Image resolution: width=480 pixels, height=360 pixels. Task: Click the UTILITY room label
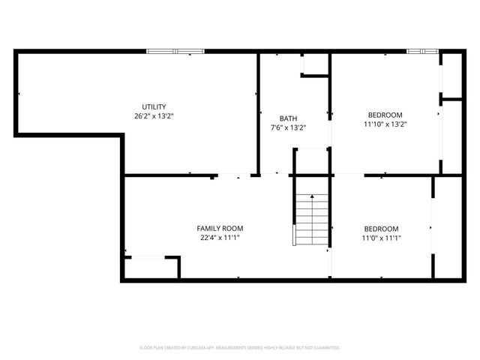(154, 106)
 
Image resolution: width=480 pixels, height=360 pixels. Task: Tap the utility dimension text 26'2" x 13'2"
(154, 116)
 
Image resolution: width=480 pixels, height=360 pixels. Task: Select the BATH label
(288, 118)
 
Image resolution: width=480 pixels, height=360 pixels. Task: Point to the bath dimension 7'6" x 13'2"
(288, 127)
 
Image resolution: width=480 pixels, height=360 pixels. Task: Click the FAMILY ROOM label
(220, 228)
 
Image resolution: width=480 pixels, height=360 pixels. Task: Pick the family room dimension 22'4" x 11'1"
(220, 238)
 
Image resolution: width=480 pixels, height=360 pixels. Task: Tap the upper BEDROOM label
(385, 115)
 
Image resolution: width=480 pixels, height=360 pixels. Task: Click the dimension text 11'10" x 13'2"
(385, 124)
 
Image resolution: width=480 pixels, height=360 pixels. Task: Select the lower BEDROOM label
(381, 229)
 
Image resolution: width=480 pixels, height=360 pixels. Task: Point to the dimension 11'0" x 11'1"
(381, 238)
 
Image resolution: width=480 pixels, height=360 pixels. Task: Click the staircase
(312, 218)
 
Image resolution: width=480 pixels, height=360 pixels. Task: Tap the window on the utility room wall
(175, 51)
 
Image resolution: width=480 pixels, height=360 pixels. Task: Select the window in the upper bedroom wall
(422, 51)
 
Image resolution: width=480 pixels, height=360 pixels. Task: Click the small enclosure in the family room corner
(151, 268)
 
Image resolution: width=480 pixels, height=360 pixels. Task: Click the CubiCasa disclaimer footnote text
(240, 348)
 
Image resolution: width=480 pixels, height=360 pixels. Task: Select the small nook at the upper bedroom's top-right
(451, 74)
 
